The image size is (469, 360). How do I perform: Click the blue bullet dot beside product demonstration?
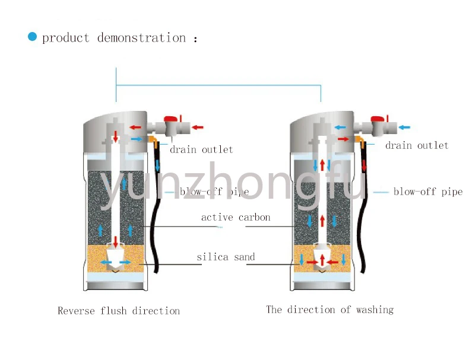tap(32, 37)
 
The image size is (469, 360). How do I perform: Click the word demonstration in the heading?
tap(141, 38)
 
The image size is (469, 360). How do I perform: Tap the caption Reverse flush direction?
tap(119, 311)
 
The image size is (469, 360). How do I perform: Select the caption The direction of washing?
tap(329, 310)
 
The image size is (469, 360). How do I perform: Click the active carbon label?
tap(236, 218)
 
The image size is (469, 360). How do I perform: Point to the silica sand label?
tap(226, 257)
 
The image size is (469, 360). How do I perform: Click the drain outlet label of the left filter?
tap(201, 149)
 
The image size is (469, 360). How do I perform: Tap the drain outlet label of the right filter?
tap(417, 145)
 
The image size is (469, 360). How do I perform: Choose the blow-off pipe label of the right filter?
tap(427, 192)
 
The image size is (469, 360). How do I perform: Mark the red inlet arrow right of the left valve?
tap(198, 127)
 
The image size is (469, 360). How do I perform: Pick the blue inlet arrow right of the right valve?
tap(404, 127)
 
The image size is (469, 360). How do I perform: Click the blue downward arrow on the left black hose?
tap(158, 165)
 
